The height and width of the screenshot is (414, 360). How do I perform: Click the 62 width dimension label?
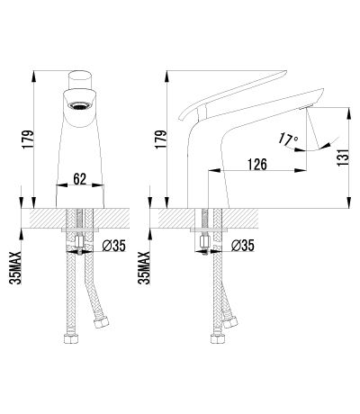coord(80,179)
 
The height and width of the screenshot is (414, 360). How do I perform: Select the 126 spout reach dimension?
coord(257,165)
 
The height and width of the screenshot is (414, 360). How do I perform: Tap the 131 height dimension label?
coord(344,157)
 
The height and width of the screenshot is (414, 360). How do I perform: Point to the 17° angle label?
coord(288,139)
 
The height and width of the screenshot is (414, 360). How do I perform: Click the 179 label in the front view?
coord(27,139)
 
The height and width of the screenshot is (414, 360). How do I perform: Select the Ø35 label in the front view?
coord(113,246)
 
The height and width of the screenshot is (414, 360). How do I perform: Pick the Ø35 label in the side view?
coord(243,246)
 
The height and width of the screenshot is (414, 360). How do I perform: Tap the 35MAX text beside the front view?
coord(15,268)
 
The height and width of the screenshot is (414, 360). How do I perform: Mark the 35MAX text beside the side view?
coord(144,268)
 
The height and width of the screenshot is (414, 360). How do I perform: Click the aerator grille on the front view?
coord(80,105)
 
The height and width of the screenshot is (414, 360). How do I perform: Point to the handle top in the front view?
coord(80,80)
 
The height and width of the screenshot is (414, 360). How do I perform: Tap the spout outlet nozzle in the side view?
coord(306,107)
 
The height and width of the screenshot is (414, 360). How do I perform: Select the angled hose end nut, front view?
coord(102,324)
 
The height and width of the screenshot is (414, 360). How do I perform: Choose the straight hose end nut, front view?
coord(72,338)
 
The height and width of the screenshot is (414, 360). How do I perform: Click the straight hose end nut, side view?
coord(218,338)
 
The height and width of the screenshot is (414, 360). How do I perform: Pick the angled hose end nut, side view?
coord(230,322)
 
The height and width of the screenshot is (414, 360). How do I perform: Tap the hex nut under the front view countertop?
coord(80,241)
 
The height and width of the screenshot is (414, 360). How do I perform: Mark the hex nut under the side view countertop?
coord(205,241)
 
